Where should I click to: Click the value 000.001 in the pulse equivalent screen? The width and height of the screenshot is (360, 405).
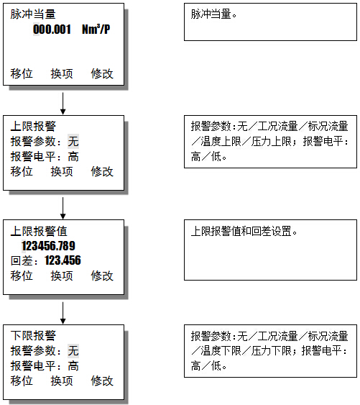(52, 29)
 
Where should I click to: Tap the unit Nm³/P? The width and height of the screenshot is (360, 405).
(96, 29)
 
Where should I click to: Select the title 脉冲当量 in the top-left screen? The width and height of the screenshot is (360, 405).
(33, 14)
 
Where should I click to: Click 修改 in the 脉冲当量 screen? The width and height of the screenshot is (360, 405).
(102, 73)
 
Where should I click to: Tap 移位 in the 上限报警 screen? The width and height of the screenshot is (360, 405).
(22, 171)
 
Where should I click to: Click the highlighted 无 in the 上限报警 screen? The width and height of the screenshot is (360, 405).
(73, 141)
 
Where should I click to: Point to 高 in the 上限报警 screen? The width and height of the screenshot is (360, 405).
(73, 157)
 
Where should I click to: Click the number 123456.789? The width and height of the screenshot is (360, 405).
(49, 245)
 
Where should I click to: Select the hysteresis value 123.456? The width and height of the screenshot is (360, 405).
(63, 260)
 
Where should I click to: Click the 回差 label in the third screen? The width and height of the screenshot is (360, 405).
(22, 261)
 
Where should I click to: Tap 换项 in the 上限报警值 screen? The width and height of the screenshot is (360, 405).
(62, 276)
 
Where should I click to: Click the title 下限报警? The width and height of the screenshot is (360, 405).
(33, 335)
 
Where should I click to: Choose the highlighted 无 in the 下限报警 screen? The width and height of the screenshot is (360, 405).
(73, 351)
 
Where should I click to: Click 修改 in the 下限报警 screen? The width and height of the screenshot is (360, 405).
(102, 381)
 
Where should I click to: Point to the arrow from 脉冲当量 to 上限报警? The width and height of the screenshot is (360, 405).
(63, 104)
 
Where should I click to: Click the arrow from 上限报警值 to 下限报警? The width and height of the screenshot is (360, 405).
(63, 313)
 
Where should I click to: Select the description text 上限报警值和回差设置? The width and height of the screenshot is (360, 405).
(241, 231)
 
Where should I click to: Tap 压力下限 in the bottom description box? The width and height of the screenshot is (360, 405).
(272, 351)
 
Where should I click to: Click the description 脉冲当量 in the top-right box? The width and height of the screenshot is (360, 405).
(211, 14)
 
